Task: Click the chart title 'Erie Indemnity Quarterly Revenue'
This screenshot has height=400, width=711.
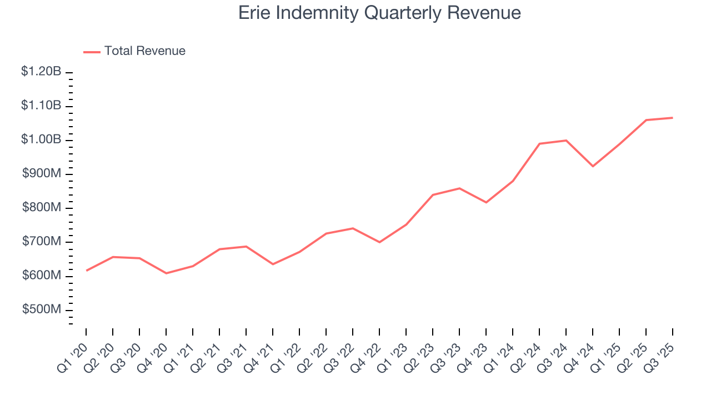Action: (x=379, y=13)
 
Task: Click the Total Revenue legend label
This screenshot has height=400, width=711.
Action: (x=144, y=51)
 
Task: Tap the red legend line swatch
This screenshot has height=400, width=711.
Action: (x=92, y=52)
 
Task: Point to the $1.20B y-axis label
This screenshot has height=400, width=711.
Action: (x=41, y=72)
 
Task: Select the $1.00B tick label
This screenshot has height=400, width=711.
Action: (x=41, y=140)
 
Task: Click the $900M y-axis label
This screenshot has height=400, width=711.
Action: (x=42, y=174)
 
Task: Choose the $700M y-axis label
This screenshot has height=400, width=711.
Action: (x=42, y=242)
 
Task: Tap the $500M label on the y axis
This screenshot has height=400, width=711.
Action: (x=42, y=310)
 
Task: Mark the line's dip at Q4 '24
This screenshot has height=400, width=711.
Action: (x=593, y=166)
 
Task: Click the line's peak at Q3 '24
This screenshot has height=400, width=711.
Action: (x=566, y=141)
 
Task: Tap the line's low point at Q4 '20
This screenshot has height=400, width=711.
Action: (x=166, y=273)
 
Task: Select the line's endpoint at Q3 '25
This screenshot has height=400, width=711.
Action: (x=673, y=118)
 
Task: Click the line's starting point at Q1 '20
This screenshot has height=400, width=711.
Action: (x=86, y=271)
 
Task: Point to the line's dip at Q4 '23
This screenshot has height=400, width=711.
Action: (x=486, y=202)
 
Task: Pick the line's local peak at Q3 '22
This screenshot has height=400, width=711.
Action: (x=353, y=228)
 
